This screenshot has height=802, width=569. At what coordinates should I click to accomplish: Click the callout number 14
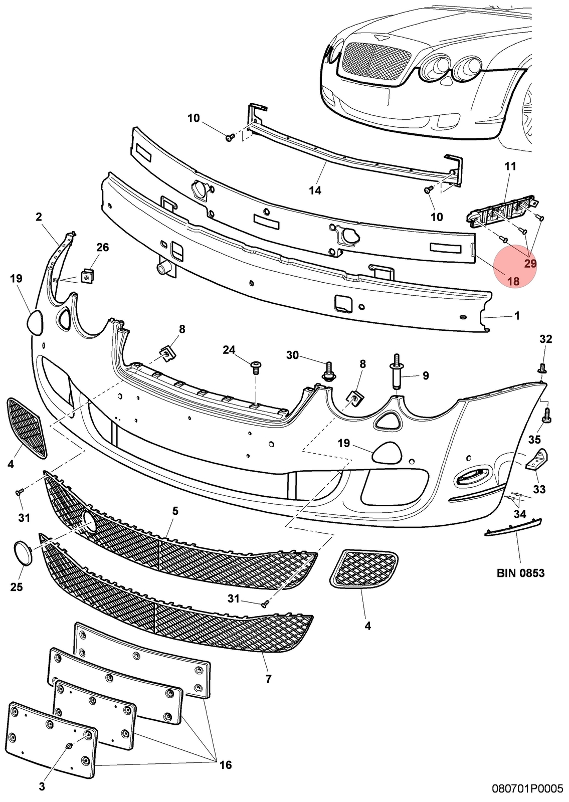[x=315, y=190]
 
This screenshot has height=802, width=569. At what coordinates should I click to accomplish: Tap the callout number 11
[x=510, y=166]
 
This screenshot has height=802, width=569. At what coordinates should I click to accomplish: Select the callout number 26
[x=102, y=248]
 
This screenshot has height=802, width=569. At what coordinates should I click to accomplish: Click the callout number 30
[x=292, y=355]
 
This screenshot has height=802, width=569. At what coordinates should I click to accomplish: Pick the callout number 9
[x=426, y=375]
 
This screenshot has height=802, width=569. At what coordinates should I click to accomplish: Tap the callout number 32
[x=546, y=339]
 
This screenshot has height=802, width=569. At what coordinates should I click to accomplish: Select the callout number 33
[x=539, y=489]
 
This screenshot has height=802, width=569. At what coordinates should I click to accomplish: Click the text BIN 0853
[x=520, y=573]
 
